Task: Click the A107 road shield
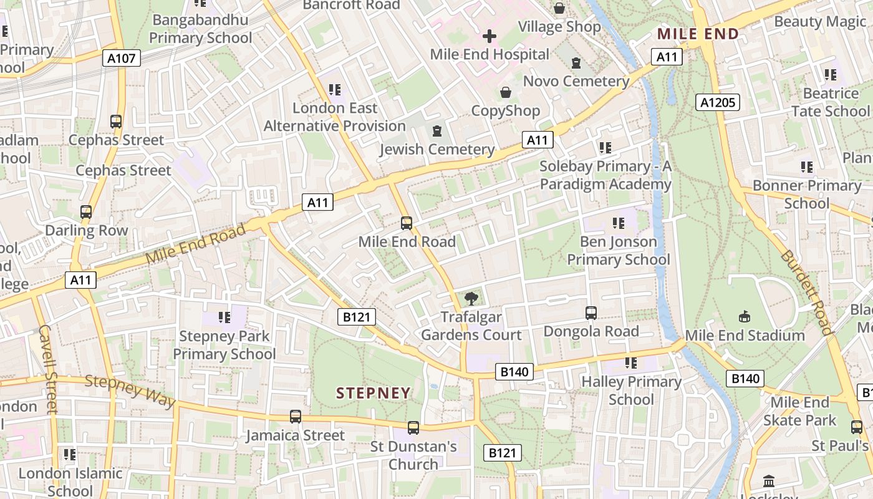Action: [x=121, y=59]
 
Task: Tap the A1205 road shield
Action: [x=718, y=102]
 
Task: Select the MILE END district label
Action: [x=698, y=34]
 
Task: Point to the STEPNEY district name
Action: [x=374, y=393]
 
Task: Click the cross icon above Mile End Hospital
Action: [x=490, y=36]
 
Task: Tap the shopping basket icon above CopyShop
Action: [x=505, y=93]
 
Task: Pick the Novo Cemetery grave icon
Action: [x=576, y=63]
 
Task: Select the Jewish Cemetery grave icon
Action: [x=437, y=131]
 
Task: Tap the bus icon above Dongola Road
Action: [x=591, y=312]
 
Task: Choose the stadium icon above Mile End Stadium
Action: [x=744, y=317]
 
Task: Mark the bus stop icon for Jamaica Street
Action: [x=295, y=416]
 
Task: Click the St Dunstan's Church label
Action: [x=413, y=455]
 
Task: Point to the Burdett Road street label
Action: [x=806, y=293]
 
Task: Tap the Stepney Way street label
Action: [x=130, y=390]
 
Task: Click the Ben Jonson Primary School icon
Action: [x=619, y=223]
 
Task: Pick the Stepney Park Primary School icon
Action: [x=224, y=317]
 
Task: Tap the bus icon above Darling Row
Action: [x=86, y=212]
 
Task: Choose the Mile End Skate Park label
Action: [x=799, y=411]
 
